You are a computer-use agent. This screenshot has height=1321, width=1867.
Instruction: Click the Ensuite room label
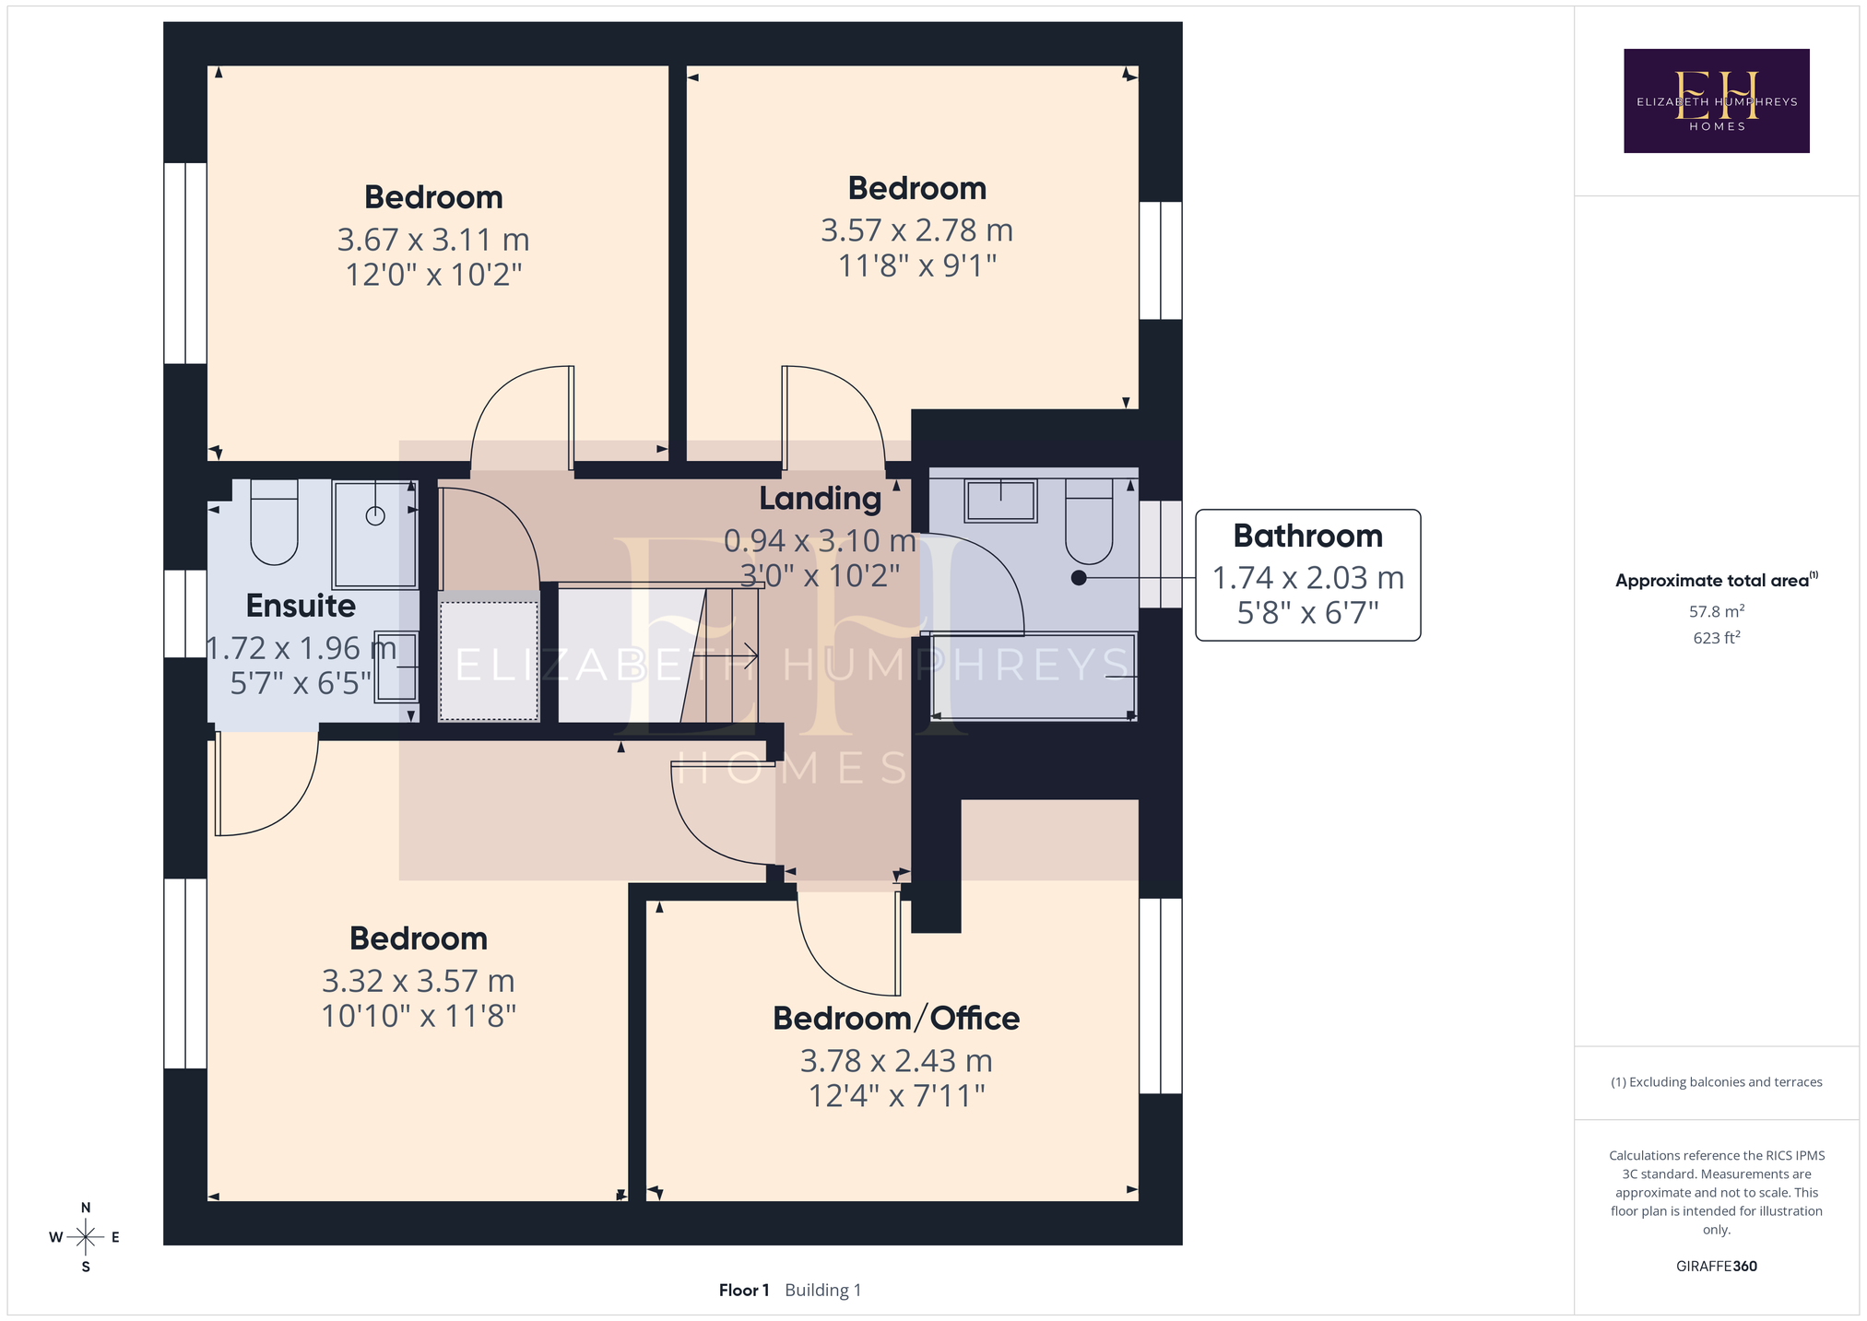coord(301,606)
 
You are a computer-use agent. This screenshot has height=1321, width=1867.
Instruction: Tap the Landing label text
coord(820,499)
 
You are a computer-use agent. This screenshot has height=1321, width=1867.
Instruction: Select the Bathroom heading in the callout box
coord(1307,536)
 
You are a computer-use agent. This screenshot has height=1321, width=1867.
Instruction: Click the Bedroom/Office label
coord(896,1019)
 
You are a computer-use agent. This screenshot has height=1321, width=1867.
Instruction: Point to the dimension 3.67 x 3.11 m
coord(433,240)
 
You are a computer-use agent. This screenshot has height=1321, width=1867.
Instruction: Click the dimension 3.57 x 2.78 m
coord(916,230)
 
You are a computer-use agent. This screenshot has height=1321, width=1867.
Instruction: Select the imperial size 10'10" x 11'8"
coord(418,1016)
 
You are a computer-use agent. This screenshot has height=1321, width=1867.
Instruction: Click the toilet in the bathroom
coord(1089,521)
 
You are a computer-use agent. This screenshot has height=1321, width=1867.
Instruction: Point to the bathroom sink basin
coord(1000,501)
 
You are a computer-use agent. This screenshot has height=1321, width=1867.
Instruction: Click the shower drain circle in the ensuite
coord(375,516)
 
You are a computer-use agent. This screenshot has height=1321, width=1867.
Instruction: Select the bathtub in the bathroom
coord(1034,677)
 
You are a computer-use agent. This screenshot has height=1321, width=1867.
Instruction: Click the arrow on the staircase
coord(725,656)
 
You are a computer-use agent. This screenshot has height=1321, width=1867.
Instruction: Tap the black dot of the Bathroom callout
coord(1079,578)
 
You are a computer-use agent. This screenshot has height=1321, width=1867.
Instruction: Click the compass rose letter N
coord(86,1208)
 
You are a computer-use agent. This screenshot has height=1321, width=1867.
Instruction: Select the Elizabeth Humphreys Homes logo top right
coord(1716,100)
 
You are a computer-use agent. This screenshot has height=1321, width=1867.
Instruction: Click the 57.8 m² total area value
coord(1716,611)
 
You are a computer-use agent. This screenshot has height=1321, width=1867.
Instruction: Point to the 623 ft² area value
coord(1716,638)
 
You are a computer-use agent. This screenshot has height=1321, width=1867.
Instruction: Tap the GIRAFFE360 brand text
coord(1716,1267)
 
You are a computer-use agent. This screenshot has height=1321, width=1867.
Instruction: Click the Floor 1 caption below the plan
coord(744,1291)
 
